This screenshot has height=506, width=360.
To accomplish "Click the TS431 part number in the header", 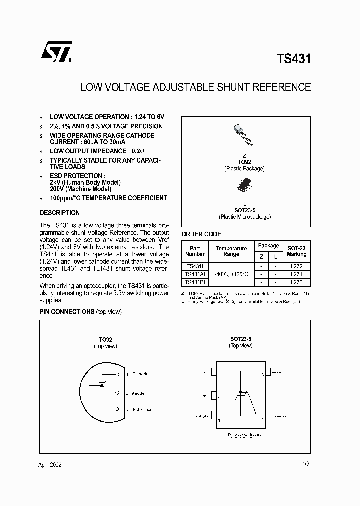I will tap(293, 59).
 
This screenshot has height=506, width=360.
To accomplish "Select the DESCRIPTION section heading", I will tap(59, 213).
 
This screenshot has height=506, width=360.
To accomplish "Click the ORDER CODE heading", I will tap(201, 234).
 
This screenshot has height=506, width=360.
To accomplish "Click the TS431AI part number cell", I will tap(195, 274).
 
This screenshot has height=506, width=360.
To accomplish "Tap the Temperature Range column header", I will tap(231, 251).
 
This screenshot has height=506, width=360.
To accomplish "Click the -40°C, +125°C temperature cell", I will tap(231, 274).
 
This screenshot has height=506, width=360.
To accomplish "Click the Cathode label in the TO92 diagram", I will tap(140, 374).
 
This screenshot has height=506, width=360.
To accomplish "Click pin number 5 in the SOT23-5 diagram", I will tap(263, 374).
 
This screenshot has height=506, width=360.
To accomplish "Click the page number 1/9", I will tap(306, 465).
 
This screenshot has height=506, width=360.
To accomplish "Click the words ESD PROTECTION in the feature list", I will tap(77, 176).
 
